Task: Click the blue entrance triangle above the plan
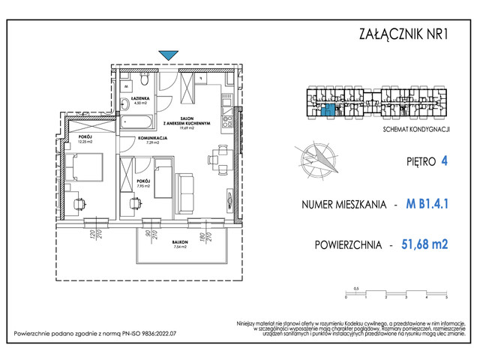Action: click(x=169, y=54)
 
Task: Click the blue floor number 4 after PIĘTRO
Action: click(x=443, y=160)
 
